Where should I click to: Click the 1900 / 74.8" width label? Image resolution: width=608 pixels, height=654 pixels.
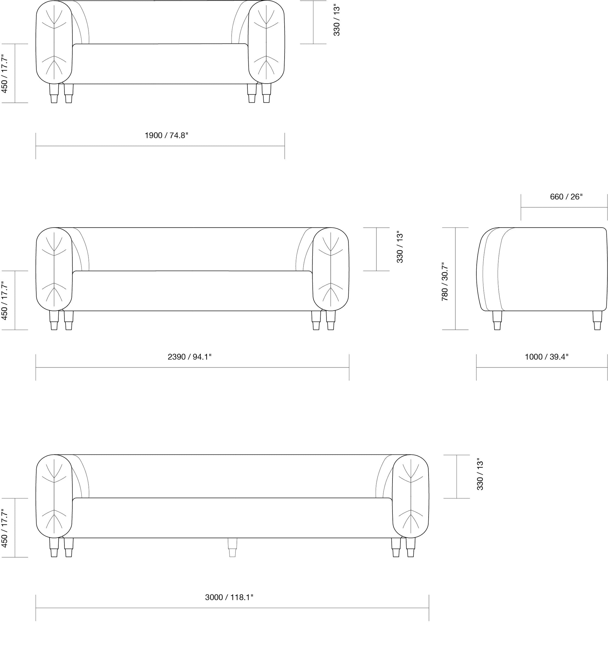[x=167, y=135]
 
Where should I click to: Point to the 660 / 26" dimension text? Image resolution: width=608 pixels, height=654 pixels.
[x=566, y=197]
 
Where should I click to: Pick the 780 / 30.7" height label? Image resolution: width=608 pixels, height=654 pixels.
[x=445, y=282]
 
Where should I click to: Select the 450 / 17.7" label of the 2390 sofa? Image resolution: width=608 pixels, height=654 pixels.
[x=5, y=300]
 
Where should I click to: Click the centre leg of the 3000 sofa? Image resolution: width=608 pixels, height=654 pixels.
[x=232, y=547]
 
